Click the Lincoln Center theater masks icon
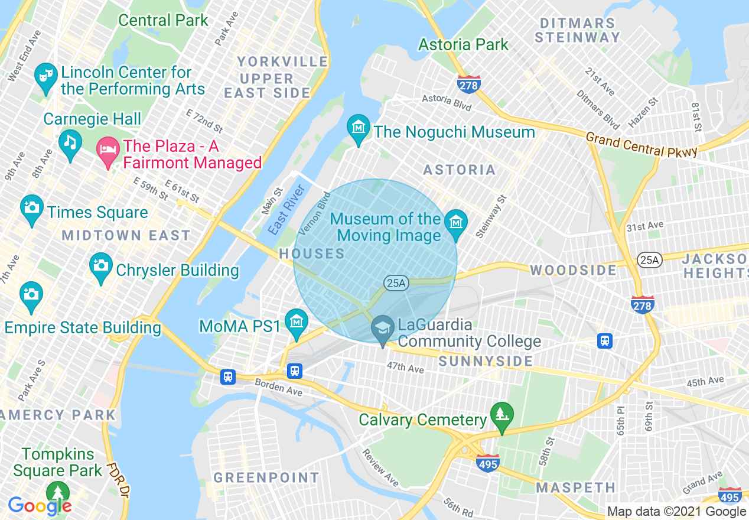point(45,76)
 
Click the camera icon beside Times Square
point(32,208)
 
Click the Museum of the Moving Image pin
point(456,223)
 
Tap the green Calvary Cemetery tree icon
point(501,415)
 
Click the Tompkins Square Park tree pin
point(58,493)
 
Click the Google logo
point(40,506)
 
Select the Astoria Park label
point(463,44)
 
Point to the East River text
point(286,210)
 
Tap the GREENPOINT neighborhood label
point(266,477)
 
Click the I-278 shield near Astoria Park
point(468,84)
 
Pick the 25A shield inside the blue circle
point(396,283)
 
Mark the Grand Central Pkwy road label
point(641,145)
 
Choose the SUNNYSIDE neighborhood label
point(486,361)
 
